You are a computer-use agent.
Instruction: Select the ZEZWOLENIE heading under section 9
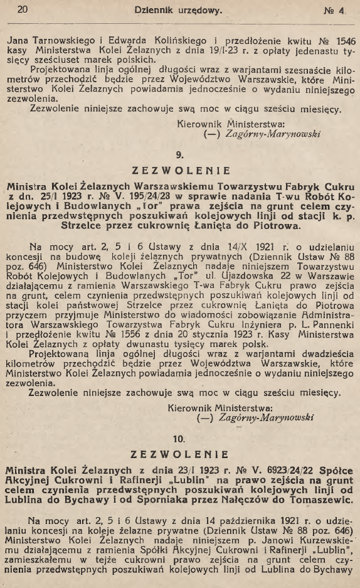(x=179, y=170)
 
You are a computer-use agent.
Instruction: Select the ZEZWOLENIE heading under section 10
(x=179, y=455)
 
